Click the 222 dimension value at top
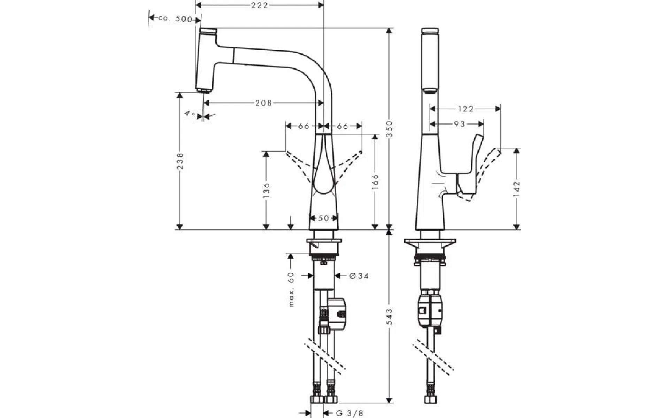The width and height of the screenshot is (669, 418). pyautogui.click(x=260, y=5)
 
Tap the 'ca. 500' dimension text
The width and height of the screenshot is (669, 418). pyautogui.click(x=175, y=19)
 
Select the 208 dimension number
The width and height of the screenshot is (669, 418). pyautogui.click(x=264, y=103)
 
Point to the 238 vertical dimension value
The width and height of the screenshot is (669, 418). pyautogui.click(x=180, y=161)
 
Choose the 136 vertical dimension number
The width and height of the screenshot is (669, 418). pyautogui.click(x=266, y=190)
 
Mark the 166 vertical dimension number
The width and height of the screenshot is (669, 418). pyautogui.click(x=375, y=181)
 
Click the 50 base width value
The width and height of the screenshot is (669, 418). pyautogui.click(x=324, y=218)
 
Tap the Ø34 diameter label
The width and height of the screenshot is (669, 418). pyautogui.click(x=359, y=276)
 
